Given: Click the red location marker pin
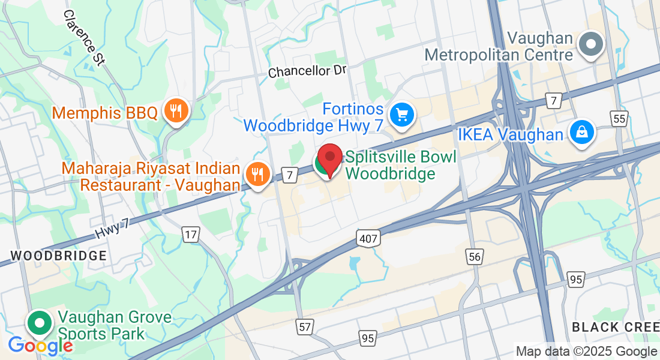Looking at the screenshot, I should [x=329, y=159].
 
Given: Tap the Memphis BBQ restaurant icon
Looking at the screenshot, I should [x=176, y=110].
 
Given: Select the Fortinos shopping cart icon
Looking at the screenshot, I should [x=401, y=113].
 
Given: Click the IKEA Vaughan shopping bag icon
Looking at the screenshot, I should [x=581, y=133].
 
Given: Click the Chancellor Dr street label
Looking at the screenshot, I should [x=308, y=71].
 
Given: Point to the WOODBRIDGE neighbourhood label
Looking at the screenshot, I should [x=59, y=256].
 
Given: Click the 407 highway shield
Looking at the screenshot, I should [x=369, y=239].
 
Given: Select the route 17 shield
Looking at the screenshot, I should [x=191, y=234].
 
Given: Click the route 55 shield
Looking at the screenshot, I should [x=620, y=119].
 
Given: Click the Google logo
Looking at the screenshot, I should [x=40, y=346].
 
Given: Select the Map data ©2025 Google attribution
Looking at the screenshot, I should [x=586, y=352].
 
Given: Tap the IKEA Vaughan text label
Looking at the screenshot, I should [x=511, y=134].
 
